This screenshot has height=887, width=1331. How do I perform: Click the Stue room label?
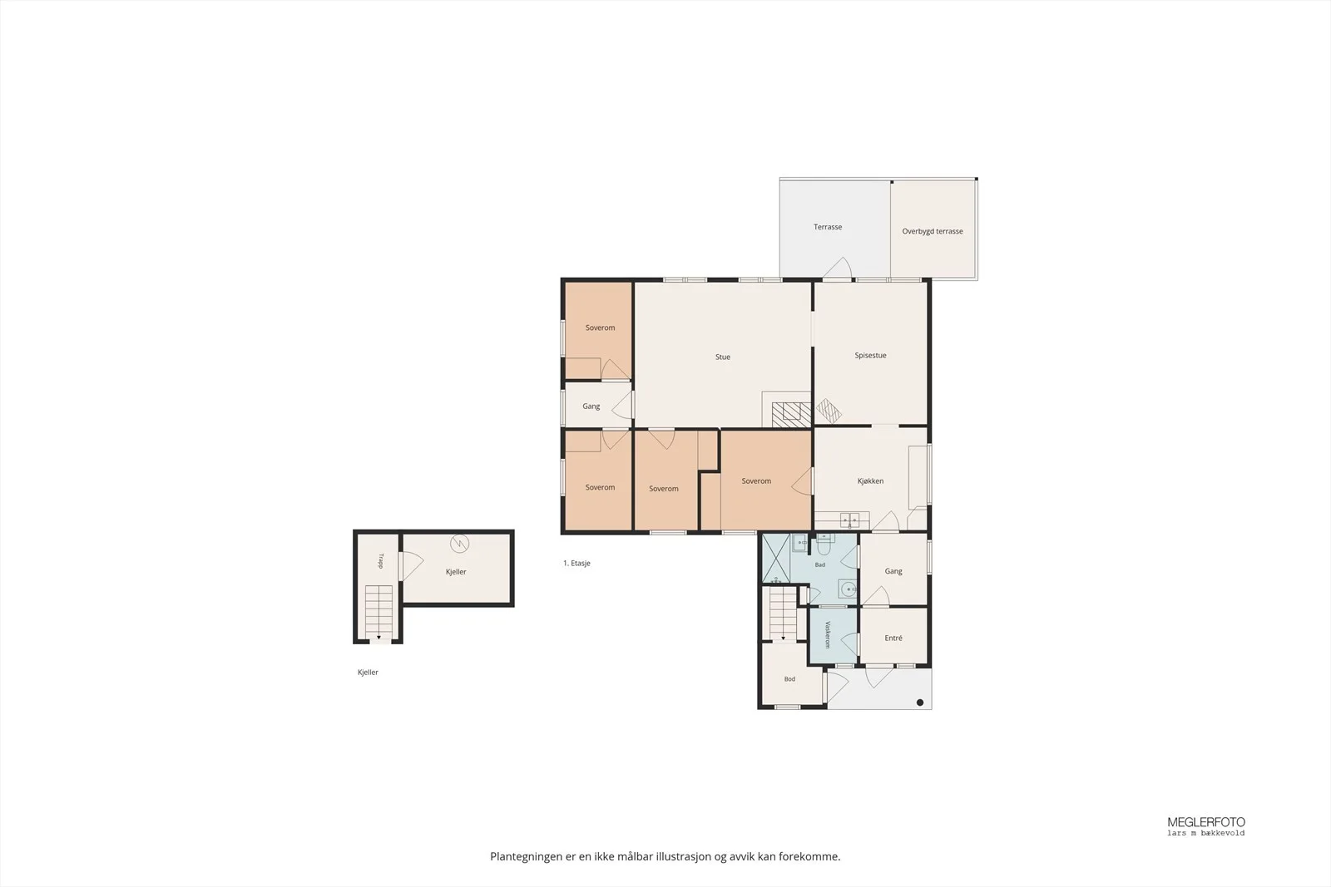coord(723,357)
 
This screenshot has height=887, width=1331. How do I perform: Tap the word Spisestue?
coord(870,356)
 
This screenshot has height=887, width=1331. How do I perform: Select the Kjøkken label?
coord(870,480)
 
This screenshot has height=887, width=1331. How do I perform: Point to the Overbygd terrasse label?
coord(933,232)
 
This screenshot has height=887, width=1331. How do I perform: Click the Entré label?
coord(893,638)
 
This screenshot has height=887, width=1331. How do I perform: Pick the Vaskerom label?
coord(827,634)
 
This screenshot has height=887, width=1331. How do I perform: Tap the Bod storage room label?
coord(789,679)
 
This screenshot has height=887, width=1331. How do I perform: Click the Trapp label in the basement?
coord(381,561)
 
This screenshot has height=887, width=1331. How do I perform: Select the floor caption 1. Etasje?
coord(576,564)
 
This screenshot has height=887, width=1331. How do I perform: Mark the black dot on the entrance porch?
coord(920,703)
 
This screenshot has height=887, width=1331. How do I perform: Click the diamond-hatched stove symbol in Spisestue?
coord(829,411)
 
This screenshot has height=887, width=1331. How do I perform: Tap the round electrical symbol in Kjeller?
coord(459,543)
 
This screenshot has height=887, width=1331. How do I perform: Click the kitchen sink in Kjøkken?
coord(849,520)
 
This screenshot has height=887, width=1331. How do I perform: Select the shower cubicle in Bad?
coord(776,559)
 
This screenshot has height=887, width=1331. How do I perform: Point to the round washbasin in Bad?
coord(848,589)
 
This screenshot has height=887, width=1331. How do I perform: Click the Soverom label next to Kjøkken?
coord(756,481)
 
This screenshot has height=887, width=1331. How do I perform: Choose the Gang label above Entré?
coord(893,571)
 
